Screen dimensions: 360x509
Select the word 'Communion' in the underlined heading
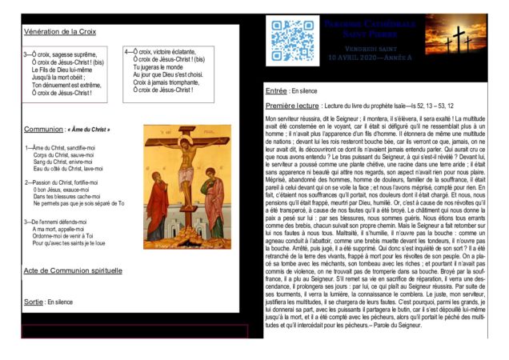click(43, 129)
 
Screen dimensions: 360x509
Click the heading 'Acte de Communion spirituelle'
click(73, 271)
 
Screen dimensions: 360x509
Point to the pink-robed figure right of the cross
click(214, 200)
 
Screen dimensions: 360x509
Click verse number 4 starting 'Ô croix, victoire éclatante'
click(128, 52)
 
